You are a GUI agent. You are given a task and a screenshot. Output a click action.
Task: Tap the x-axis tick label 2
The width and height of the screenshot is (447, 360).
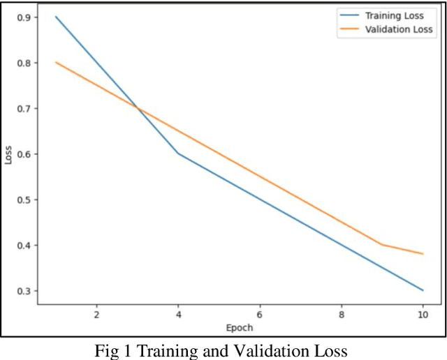[96, 315]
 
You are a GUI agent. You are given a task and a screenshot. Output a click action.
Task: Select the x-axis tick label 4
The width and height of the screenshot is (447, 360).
[178, 315]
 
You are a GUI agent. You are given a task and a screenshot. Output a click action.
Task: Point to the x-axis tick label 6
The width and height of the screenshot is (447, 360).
[260, 315]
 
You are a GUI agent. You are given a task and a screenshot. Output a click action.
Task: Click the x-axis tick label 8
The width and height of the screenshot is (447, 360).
[341, 315]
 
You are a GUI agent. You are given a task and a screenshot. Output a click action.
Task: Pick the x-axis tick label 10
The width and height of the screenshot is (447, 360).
[423, 315]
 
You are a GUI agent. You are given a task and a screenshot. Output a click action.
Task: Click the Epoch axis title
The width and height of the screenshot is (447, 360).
[240, 327]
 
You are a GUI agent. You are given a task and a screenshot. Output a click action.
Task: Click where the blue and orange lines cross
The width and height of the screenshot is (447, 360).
[138, 108]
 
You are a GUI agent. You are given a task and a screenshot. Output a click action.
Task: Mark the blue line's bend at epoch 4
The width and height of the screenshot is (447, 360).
[178, 153]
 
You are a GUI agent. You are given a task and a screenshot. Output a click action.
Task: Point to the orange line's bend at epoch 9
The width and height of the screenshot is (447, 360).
[382, 245]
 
